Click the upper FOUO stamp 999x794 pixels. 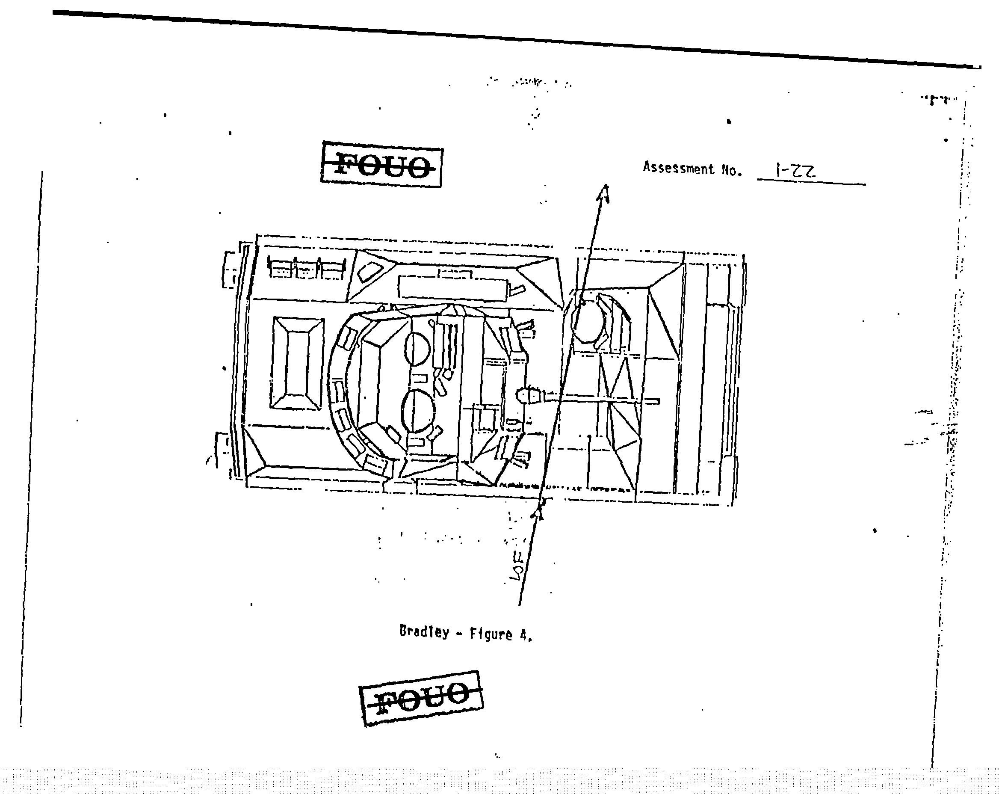click(381, 165)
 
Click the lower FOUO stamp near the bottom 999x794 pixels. click(421, 698)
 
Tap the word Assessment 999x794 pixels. click(678, 168)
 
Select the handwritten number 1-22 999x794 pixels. click(795, 171)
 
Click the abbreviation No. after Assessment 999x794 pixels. click(732, 171)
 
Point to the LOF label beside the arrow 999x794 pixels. click(517, 565)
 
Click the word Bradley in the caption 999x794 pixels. click(424, 632)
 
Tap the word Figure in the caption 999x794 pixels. click(491, 634)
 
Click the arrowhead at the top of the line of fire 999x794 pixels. click(604, 193)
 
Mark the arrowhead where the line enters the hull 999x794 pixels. click(538, 512)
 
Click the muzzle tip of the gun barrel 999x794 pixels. click(658, 401)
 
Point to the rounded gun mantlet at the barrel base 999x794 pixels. click(529, 396)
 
